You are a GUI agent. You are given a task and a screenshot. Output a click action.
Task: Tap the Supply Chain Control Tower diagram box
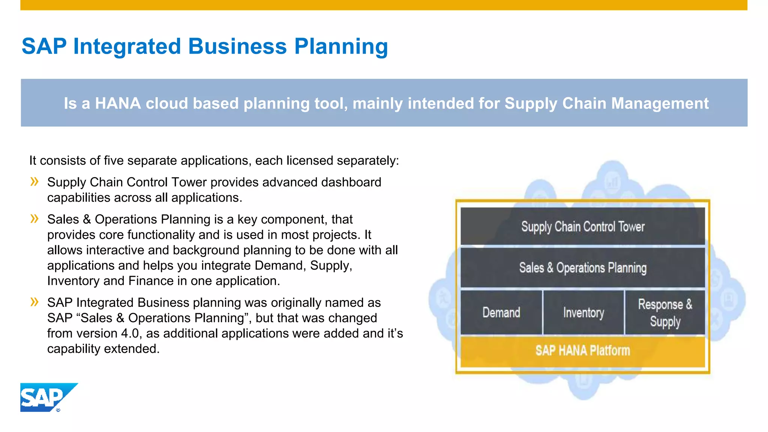pos(582,226)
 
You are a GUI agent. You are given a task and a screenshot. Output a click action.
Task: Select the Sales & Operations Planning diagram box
pos(582,268)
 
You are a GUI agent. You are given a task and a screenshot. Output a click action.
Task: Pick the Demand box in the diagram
pos(501,312)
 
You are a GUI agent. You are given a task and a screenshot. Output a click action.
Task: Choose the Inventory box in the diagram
pos(583,312)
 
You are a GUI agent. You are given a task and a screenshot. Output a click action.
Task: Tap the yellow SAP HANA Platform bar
pos(582,351)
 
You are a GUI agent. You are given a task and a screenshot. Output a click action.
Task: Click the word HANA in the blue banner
pos(118,103)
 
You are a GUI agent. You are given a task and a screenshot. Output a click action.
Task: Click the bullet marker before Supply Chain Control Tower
pos(34,182)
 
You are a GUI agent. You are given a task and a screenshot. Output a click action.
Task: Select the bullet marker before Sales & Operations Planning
pos(34,219)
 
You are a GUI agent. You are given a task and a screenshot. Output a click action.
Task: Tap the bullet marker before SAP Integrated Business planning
pos(34,302)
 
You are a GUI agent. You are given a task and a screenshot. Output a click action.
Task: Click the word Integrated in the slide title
pos(127,47)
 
